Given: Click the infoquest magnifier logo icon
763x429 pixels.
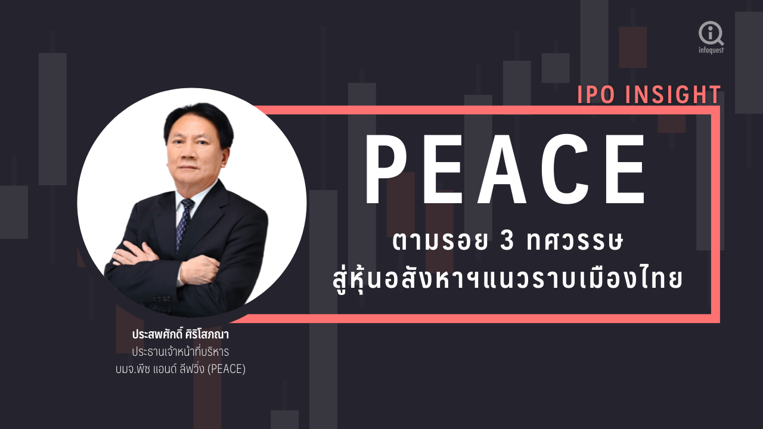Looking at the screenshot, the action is tap(711, 33).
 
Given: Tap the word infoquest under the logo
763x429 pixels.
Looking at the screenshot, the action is tap(711, 50).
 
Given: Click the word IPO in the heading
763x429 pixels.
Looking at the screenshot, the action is tap(595, 94).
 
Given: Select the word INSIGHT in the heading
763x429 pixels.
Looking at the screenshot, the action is tap(673, 94).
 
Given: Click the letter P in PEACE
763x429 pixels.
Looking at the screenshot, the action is tap(386, 169).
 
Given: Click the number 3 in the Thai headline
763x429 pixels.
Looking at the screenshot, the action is tap(507, 241).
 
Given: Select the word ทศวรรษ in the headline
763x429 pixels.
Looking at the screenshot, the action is tap(575, 241).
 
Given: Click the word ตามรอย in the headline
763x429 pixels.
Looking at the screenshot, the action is tap(440, 241).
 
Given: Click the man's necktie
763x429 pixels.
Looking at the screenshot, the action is tap(184, 223).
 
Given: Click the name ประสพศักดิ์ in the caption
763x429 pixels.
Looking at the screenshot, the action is tap(158, 334).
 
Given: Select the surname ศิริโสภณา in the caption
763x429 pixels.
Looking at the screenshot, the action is tap(207, 334).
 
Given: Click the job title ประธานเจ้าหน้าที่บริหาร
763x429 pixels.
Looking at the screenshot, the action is tap(181, 352).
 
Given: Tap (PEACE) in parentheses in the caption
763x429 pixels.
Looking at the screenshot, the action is tap(226, 369).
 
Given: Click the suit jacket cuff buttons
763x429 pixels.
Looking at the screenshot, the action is tap(162, 304).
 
